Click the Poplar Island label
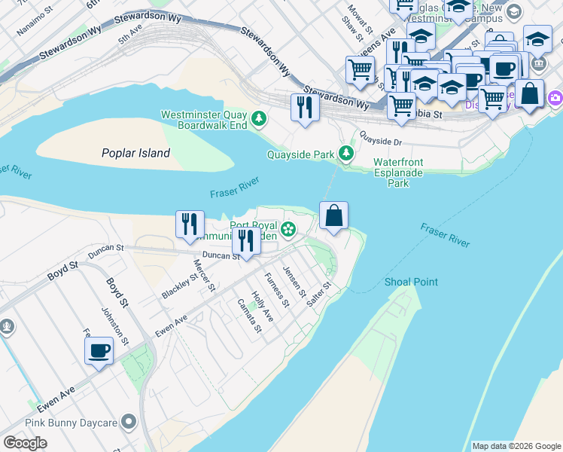tap(136, 153)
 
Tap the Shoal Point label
tap(411, 282)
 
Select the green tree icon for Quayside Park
tap(345, 154)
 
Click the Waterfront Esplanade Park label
tap(399, 173)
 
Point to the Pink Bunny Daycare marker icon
tap(129, 423)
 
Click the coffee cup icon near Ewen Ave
tap(99, 350)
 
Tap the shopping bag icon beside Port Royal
tap(334, 216)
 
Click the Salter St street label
tap(319, 295)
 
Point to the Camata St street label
tap(249, 316)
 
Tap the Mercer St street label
tap(205, 275)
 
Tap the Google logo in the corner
tap(25, 443)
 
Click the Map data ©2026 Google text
tap(516, 446)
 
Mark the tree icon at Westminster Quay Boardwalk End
tap(259, 118)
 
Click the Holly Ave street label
tap(262, 306)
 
